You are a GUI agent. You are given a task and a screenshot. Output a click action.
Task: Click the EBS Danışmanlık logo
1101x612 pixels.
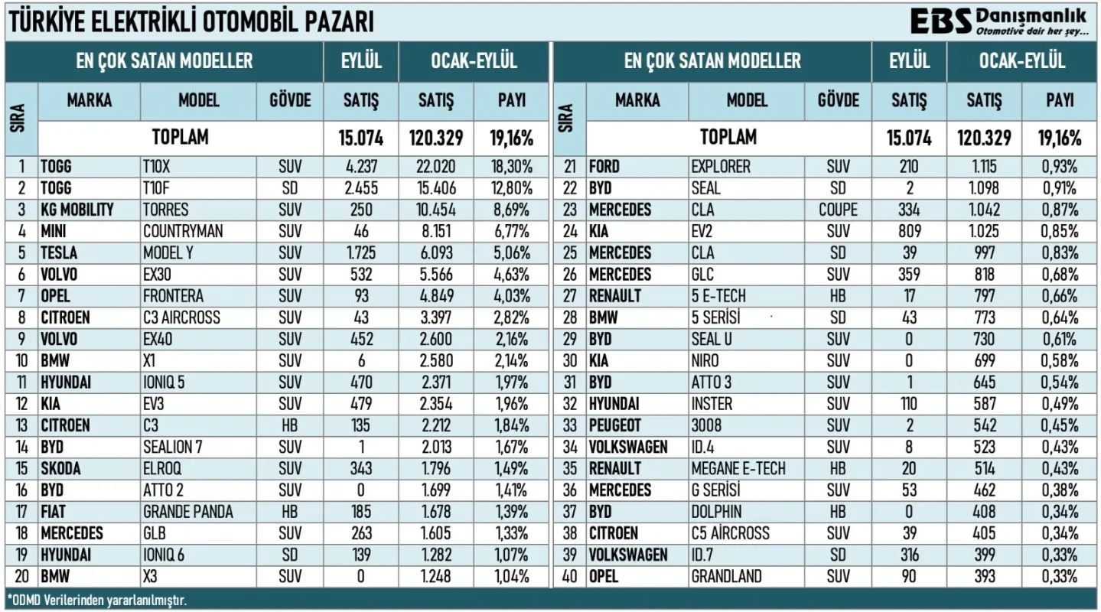point(998,22)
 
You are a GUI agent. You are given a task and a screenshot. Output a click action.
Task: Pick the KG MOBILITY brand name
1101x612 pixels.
point(77,210)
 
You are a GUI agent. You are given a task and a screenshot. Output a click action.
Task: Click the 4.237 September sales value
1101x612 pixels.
point(361,167)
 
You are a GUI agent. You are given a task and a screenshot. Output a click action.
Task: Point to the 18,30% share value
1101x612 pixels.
point(512,167)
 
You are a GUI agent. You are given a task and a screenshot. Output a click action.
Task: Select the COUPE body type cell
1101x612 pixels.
point(838,210)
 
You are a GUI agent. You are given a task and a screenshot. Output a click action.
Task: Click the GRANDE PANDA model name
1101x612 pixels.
point(187,512)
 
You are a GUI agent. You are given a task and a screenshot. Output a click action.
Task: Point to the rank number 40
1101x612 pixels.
point(570,576)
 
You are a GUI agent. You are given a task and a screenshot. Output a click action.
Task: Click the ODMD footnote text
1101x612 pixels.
point(97,601)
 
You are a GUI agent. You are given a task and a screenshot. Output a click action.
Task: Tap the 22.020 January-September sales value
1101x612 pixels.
point(436,167)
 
